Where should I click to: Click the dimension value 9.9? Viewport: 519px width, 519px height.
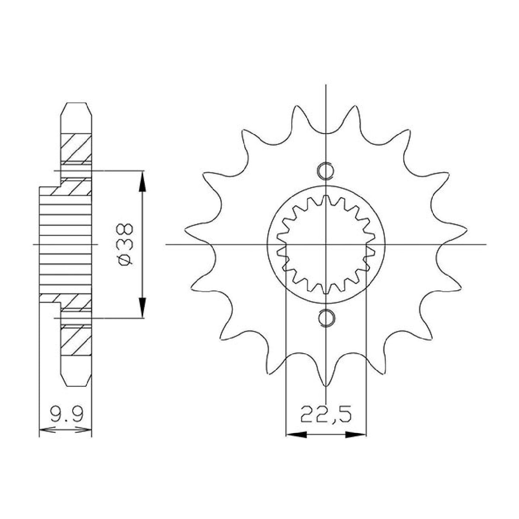65,414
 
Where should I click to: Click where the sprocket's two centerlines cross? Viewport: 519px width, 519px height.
326,245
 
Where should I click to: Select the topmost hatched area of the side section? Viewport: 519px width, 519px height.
76,147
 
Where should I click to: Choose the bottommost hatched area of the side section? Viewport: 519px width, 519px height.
76,342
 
